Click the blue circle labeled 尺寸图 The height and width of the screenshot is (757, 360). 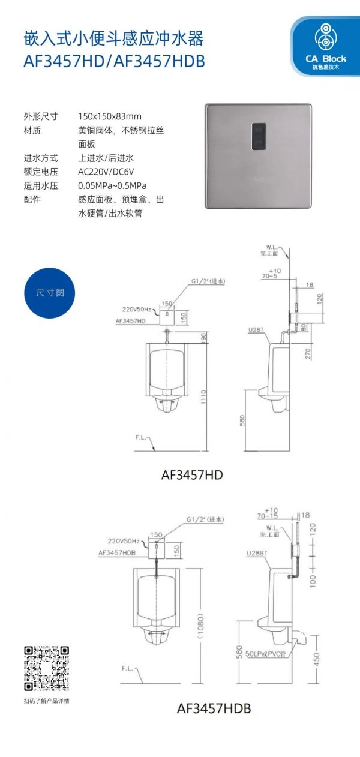50,293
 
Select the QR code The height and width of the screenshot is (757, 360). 46,668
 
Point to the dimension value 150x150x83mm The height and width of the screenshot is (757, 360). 110,116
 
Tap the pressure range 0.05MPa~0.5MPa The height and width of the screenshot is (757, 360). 112,185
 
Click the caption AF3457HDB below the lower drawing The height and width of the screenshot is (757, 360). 214,708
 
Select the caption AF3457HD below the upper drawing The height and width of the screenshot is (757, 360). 192,475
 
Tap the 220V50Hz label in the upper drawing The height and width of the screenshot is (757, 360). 139,310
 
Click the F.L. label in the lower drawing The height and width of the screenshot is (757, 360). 127,668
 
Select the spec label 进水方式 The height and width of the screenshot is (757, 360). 41,158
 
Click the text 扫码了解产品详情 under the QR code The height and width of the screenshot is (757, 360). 46,701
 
